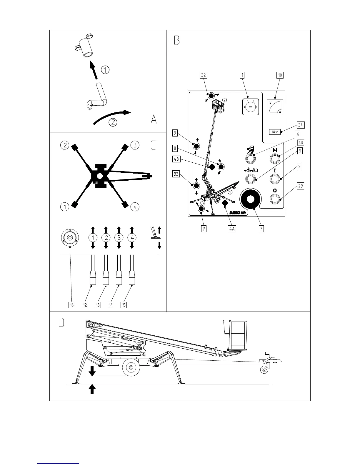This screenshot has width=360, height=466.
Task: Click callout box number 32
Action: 203,75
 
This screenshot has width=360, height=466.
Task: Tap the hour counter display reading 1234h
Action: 275,132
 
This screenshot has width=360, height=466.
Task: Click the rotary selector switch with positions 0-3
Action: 250,107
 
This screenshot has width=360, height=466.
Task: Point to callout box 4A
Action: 232,229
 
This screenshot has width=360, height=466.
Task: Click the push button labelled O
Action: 275,199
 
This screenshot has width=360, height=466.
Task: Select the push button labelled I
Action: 275,179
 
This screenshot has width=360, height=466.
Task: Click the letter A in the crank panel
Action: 154,119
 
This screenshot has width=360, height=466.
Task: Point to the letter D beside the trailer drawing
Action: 61,323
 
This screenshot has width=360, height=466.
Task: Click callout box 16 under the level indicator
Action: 71,305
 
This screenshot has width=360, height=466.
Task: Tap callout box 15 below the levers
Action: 124,305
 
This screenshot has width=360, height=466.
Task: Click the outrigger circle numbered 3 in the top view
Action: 135,145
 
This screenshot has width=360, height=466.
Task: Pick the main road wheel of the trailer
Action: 131,367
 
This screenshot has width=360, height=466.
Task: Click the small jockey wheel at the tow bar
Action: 264,370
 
